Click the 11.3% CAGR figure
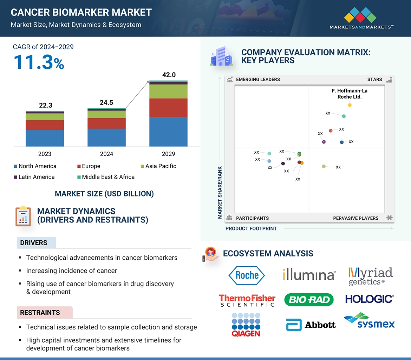39,62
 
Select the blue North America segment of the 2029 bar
168,132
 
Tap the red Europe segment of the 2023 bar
45,125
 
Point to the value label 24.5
106,102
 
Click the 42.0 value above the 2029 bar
169,75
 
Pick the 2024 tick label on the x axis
106,154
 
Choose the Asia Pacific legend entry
158,166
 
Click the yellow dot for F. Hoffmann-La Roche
350,105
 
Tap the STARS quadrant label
374,79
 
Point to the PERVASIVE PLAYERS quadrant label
355,218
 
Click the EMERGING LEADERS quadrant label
258,79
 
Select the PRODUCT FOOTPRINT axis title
251,228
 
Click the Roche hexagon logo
247,275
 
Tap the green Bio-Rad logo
309,299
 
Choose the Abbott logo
311,325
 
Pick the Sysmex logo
369,320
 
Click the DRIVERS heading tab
34,243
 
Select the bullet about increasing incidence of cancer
71,271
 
